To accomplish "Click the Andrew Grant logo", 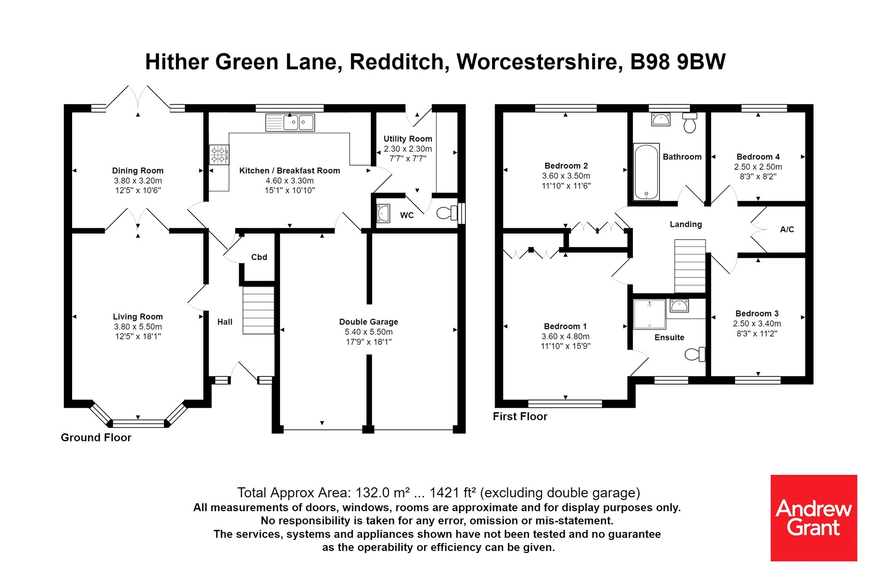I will click(x=814, y=518).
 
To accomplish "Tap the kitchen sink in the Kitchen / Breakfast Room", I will click(x=290, y=122).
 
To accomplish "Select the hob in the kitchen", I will click(x=219, y=154).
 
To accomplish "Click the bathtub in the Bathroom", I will click(x=646, y=172).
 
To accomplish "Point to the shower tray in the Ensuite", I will click(x=649, y=314).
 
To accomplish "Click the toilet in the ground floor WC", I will click(x=447, y=213).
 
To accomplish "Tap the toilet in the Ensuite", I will click(x=695, y=354).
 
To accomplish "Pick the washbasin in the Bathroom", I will click(x=660, y=120).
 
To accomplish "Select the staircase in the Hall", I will click(x=259, y=310).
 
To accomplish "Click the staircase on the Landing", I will click(x=690, y=266).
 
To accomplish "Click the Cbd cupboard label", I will click(x=259, y=257).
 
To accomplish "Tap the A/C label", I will click(x=787, y=230).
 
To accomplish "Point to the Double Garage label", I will click(x=369, y=322).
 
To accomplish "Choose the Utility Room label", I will click(x=407, y=139).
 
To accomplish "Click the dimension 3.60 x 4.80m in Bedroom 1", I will click(x=565, y=336).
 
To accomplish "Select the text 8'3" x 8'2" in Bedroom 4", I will click(x=758, y=177).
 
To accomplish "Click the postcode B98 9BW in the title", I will click(x=678, y=62).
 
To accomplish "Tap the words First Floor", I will click(x=520, y=416).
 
